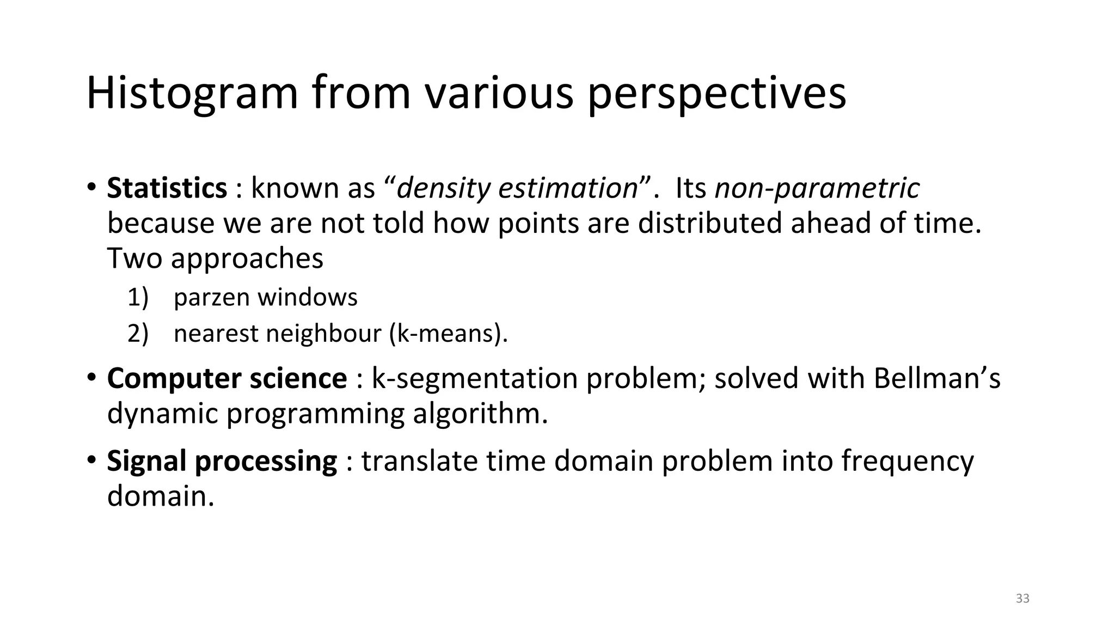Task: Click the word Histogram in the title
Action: pos(192,94)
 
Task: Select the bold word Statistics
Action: pos(167,188)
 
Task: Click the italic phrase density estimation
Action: pos(517,188)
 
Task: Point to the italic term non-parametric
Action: pos(817,188)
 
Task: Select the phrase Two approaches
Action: pos(215,258)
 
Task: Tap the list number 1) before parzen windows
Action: pos(138,298)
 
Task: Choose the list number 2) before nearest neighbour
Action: pos(138,334)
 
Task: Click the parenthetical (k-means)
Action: pos(448,334)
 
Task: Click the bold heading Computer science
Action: pos(226,378)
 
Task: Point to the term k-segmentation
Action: pos(474,378)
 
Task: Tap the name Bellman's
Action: pos(936,378)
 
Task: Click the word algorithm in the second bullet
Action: pos(480,414)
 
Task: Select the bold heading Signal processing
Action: pos(222,461)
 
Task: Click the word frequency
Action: pos(907,461)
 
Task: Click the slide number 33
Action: pos(1022,599)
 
